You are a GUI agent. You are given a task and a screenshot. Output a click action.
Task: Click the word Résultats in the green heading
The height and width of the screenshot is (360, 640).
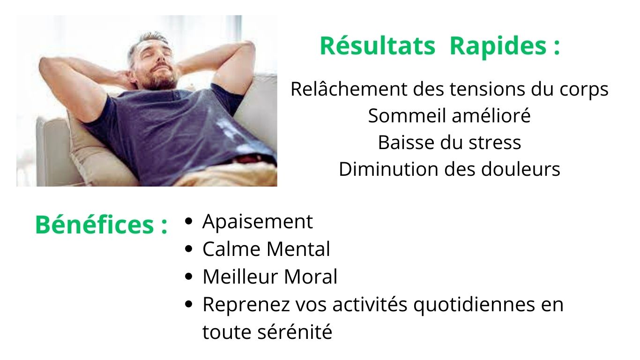[x=378, y=46]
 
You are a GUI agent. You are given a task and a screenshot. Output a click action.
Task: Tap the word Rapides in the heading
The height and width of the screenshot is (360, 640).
[x=498, y=46]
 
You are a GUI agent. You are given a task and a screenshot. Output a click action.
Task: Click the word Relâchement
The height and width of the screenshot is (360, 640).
[x=350, y=89]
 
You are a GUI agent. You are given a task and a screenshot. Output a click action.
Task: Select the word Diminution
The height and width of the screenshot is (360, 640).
[x=388, y=169]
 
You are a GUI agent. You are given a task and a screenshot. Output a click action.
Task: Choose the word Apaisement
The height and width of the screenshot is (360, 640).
[x=257, y=222]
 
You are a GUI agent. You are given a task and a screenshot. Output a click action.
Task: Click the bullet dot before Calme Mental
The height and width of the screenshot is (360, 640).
[x=188, y=249]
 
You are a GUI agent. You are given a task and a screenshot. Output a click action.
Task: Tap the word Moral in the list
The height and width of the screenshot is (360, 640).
[x=311, y=277]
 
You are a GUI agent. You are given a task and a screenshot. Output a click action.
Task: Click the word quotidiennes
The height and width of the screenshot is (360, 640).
[x=474, y=305]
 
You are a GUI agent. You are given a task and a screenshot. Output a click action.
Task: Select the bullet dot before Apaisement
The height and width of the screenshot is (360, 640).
[x=188, y=221]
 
